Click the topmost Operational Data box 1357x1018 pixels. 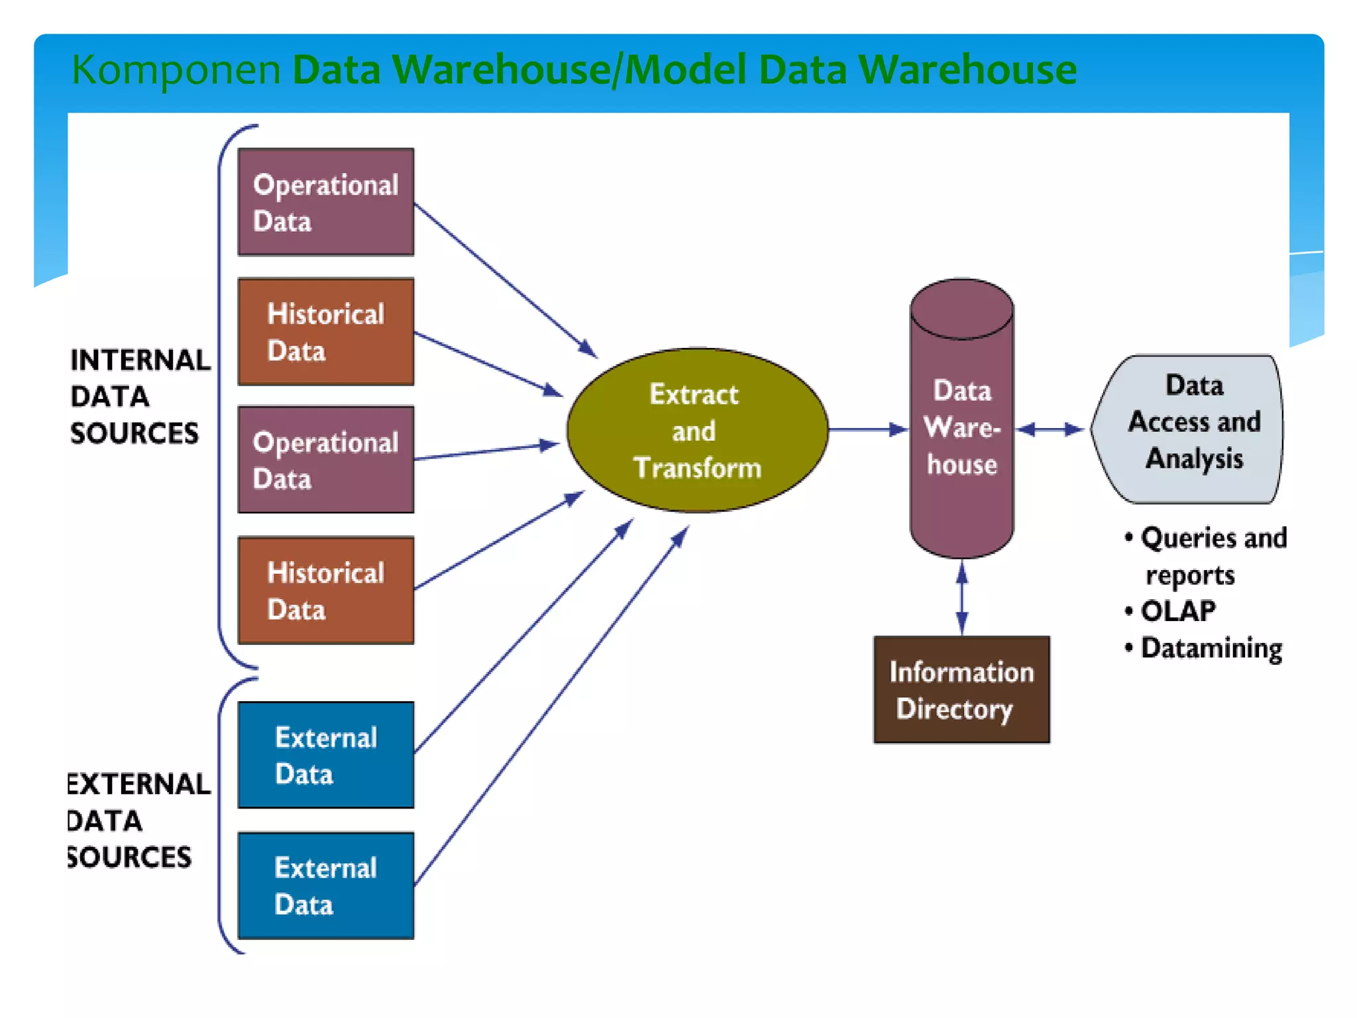pyautogui.click(x=325, y=201)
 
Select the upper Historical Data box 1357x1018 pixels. pyautogui.click(x=325, y=331)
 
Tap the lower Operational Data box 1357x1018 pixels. pyautogui.click(x=325, y=459)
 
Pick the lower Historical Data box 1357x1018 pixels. pyautogui.click(x=325, y=590)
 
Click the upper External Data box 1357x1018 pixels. pyautogui.click(x=325, y=755)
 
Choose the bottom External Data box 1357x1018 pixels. pyautogui.click(x=325, y=885)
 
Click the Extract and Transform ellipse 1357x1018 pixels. pyautogui.click(x=696, y=430)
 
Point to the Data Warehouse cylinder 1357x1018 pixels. pyautogui.click(x=961, y=424)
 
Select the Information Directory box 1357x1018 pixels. pyautogui.click(x=961, y=689)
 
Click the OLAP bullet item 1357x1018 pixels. pyautogui.click(x=1177, y=611)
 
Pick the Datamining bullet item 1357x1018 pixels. pyautogui.click(x=1211, y=648)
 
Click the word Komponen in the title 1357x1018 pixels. pyautogui.click(x=176, y=70)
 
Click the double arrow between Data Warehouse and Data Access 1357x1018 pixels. pyautogui.click(x=1050, y=429)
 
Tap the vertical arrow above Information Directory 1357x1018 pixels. pyautogui.click(x=962, y=597)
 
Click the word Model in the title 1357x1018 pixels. pyautogui.click(x=685, y=70)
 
